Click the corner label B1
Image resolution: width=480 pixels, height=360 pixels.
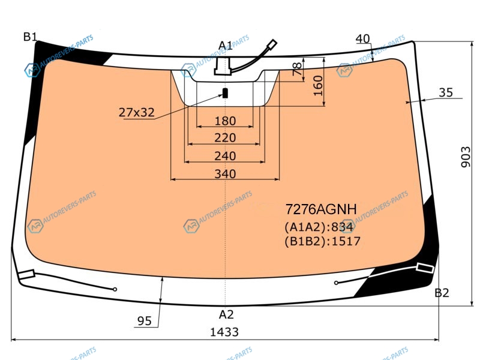30,37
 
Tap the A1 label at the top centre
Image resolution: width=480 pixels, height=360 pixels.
226,46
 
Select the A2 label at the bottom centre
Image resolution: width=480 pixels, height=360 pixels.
226,314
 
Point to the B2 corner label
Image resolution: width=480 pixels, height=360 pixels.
442,293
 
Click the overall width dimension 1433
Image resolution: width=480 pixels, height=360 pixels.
224,332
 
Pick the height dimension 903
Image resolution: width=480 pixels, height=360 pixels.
466,157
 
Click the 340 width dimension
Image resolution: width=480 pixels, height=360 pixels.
226,174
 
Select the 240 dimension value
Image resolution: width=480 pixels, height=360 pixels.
226,156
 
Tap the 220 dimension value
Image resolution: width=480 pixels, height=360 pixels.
226,138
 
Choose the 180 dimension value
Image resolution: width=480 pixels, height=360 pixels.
226,121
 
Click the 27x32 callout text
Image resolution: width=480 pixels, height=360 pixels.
137,113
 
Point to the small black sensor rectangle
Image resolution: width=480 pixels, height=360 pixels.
225,93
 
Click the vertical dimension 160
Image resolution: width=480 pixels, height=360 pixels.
319,86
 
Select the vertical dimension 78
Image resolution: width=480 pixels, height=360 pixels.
297,69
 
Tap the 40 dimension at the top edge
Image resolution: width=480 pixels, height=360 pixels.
363,39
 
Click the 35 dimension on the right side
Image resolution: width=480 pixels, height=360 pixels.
446,92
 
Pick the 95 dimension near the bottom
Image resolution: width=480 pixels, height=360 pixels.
145,321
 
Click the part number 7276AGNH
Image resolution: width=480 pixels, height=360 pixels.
321,209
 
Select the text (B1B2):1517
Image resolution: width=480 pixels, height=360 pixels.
323,241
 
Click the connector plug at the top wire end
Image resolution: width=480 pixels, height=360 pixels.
272,44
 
